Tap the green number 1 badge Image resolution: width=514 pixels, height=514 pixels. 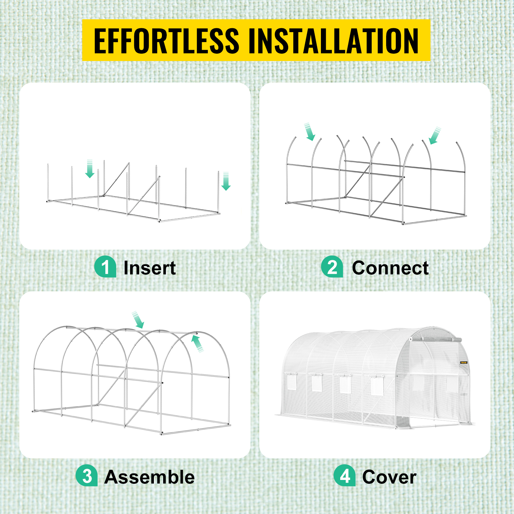105,267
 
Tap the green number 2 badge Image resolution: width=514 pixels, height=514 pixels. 332,267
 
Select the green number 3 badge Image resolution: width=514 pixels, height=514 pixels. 87,475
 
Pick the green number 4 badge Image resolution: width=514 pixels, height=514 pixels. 345,475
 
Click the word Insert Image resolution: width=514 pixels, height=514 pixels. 150,268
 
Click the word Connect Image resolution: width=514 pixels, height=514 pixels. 390,268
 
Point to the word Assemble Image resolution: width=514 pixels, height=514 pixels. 150,477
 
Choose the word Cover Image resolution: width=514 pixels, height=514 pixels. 389,477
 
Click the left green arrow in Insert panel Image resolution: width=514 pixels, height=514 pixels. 90,169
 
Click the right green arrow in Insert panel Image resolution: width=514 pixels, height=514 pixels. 226,181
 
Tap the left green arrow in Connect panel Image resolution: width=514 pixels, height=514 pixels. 310,132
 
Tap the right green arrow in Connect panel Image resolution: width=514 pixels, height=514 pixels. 435,136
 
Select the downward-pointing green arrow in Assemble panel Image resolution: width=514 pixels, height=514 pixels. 138,320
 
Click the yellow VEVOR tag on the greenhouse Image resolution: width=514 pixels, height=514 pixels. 464,363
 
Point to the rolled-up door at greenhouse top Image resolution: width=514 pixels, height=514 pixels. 436,340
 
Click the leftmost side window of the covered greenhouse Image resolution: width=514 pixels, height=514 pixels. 292,382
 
